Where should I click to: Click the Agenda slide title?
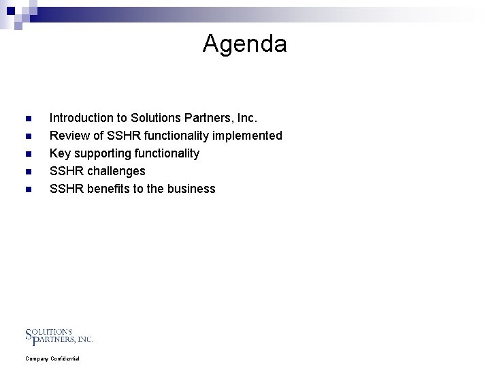pos(244,44)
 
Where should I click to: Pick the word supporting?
pos(100,153)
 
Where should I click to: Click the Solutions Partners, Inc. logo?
pos(59,335)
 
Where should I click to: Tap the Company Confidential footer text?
pos(52,358)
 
